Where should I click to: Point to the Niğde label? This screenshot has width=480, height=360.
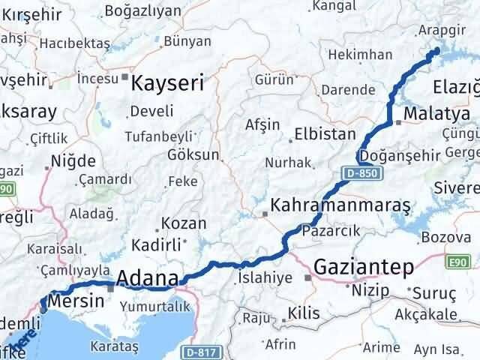coord(73,160)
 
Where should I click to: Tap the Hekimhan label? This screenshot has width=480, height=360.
coord(360,55)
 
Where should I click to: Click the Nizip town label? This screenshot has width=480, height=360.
coord(367,288)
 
